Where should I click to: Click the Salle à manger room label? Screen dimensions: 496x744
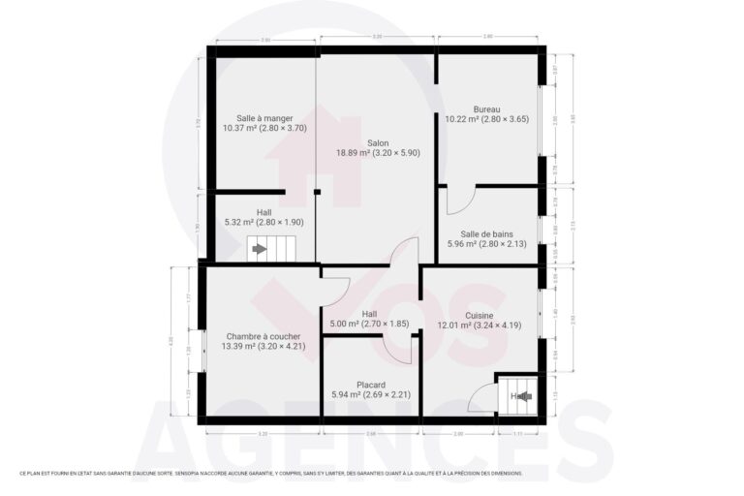pos(264,118)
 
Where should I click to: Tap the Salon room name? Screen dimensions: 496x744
pos(378,143)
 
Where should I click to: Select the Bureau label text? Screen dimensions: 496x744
pos(487,109)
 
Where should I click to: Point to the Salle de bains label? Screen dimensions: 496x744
pos(486,233)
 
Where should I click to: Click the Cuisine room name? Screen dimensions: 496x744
pos(480,316)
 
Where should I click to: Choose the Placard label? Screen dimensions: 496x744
pos(371,384)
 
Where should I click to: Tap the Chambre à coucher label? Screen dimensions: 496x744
pos(263,335)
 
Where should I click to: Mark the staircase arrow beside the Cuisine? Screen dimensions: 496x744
pos(523,395)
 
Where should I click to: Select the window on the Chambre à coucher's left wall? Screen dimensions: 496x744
pos(202,350)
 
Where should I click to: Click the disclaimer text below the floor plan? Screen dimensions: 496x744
pos(271,474)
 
